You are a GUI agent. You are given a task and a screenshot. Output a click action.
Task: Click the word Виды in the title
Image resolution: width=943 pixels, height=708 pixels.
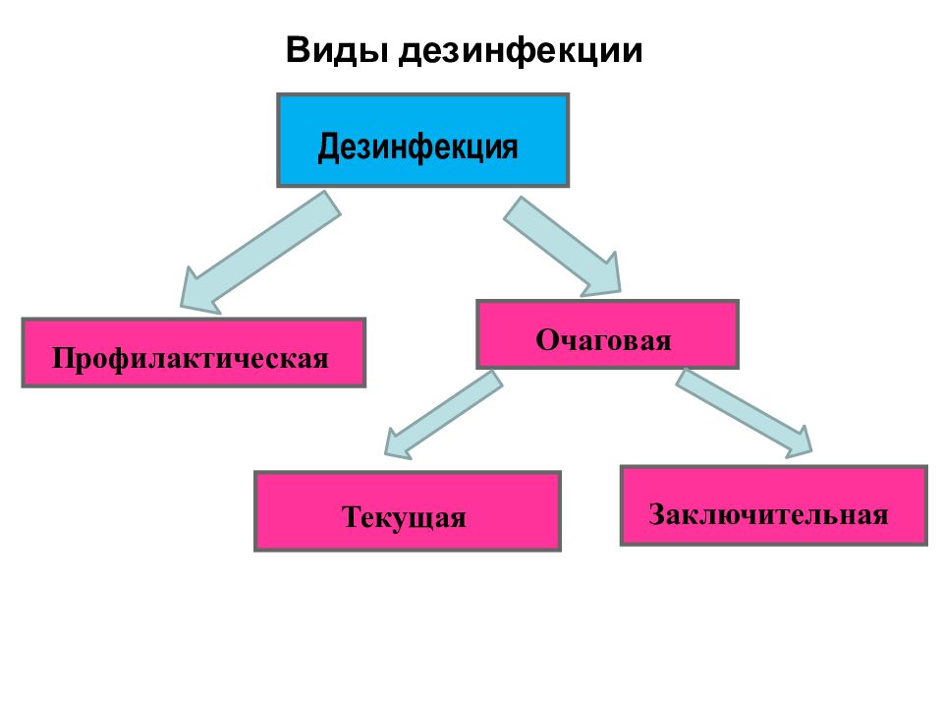click(337, 50)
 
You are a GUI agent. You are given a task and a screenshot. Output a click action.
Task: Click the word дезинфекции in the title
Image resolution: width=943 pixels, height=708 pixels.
click(521, 51)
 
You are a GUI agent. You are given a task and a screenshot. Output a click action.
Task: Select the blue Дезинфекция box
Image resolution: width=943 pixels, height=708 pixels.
click(422, 141)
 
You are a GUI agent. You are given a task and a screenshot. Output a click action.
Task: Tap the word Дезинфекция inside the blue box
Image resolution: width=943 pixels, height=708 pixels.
click(417, 147)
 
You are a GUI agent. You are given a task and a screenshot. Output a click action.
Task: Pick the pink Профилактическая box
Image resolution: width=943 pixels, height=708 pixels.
click(194, 352)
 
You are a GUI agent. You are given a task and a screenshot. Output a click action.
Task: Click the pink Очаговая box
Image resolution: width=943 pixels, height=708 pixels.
click(607, 334)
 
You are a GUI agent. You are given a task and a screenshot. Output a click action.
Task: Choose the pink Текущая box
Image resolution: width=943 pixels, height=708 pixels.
click(408, 511)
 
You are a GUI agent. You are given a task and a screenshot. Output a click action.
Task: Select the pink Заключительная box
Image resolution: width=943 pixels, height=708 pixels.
click(773, 505)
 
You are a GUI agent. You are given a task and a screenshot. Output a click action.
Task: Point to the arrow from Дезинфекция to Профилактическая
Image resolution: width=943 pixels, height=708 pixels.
click(260, 253)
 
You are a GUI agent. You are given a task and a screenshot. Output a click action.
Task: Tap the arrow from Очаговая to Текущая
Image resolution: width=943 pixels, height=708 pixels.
click(443, 415)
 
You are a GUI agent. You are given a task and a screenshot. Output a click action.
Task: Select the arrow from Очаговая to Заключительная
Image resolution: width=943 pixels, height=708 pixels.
click(744, 413)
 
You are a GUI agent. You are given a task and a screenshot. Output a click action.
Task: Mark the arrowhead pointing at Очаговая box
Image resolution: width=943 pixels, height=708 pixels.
click(604, 278)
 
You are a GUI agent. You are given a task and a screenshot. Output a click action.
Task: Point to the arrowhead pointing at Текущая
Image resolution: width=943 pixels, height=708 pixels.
click(397, 444)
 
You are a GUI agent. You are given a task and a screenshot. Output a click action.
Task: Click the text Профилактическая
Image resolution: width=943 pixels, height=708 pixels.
click(191, 358)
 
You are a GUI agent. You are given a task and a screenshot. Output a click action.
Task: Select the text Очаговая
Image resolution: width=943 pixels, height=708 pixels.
click(603, 340)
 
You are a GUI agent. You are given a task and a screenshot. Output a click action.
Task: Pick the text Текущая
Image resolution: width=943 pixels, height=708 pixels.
click(404, 517)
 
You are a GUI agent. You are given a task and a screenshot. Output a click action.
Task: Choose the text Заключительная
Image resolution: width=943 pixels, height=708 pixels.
click(768, 514)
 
